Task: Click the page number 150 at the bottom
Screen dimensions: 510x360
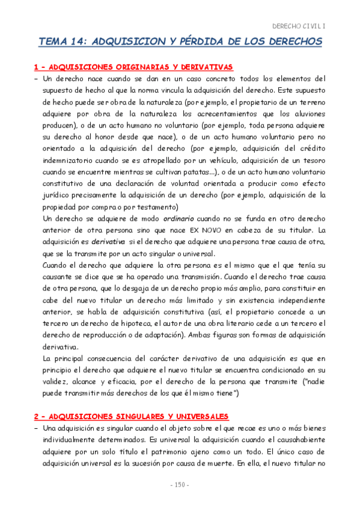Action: tap(180, 485)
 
